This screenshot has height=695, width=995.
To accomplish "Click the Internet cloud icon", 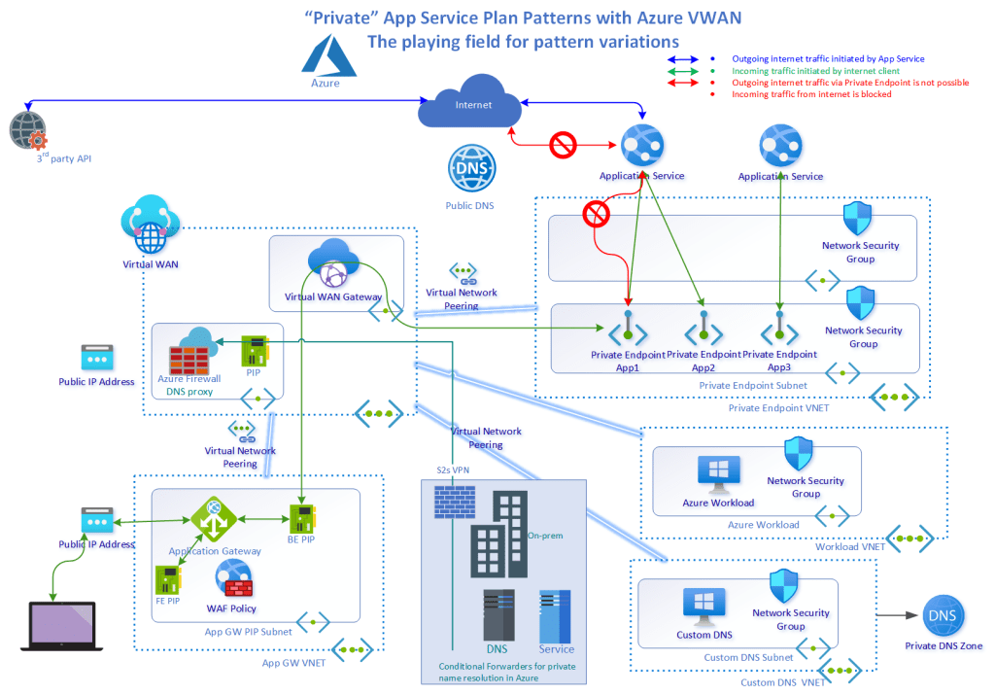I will coord(471,106).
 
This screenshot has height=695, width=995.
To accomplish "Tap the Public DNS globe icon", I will coord(471,169).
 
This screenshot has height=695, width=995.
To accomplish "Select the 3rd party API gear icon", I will coord(27,130).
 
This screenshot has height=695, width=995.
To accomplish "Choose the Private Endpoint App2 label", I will coord(703,362).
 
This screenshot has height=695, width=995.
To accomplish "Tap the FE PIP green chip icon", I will coord(167,579).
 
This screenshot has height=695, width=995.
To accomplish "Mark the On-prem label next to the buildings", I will coord(545,536).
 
